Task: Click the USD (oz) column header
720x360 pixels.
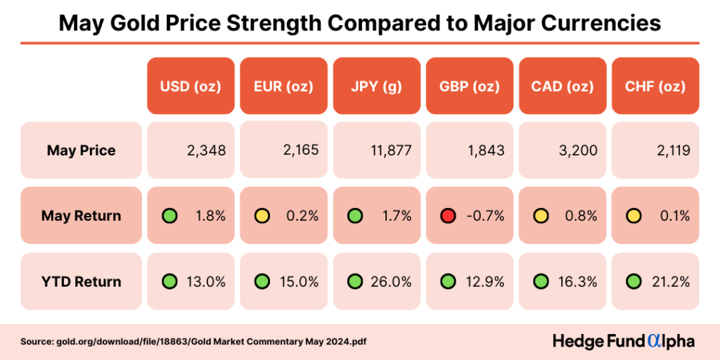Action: [191, 87]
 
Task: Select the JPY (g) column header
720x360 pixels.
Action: [376, 87]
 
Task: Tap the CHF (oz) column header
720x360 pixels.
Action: [655, 87]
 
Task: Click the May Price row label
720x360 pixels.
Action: [81, 150]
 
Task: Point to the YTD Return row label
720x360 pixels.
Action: [81, 281]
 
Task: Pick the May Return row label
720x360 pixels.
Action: [81, 216]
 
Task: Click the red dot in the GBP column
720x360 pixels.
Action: [448, 216]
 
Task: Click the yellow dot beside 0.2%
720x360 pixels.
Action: [262, 216]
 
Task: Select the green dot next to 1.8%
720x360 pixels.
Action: [169, 216]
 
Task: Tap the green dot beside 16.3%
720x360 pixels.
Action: [541, 281]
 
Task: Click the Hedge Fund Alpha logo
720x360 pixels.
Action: [623, 341]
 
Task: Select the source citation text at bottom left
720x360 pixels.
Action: [193, 342]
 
